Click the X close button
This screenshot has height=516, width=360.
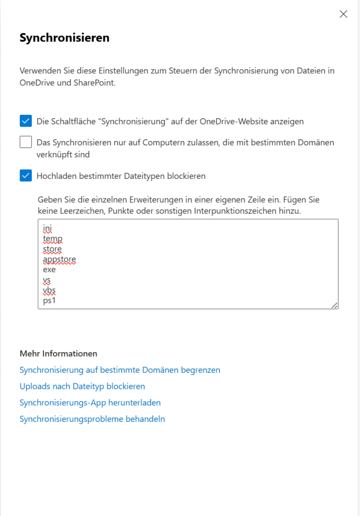point(343,14)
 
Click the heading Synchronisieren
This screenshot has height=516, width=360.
point(64,38)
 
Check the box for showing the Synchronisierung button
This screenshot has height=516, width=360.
point(26,121)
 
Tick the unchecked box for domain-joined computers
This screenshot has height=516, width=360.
point(26,143)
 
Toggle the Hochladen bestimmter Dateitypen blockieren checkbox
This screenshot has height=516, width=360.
point(26,176)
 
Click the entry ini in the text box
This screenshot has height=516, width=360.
point(47,228)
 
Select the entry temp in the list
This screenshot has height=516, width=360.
point(52,239)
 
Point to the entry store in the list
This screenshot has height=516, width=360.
point(52,249)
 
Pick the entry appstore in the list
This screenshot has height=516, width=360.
point(59,260)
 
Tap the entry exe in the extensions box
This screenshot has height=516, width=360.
point(49,270)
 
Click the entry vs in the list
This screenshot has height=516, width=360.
point(47,280)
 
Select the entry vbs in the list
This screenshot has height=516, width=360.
point(49,290)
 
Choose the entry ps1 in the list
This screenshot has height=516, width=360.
point(49,301)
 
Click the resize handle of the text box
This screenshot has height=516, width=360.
point(334,305)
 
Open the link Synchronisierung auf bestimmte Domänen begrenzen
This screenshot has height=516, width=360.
point(120,370)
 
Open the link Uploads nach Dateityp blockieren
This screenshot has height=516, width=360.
point(82,386)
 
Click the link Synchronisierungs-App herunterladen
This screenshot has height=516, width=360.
point(90,403)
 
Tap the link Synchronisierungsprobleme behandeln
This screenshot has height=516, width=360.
point(92,419)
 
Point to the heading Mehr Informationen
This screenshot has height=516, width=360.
point(58,354)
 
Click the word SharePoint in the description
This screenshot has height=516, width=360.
point(94,83)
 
